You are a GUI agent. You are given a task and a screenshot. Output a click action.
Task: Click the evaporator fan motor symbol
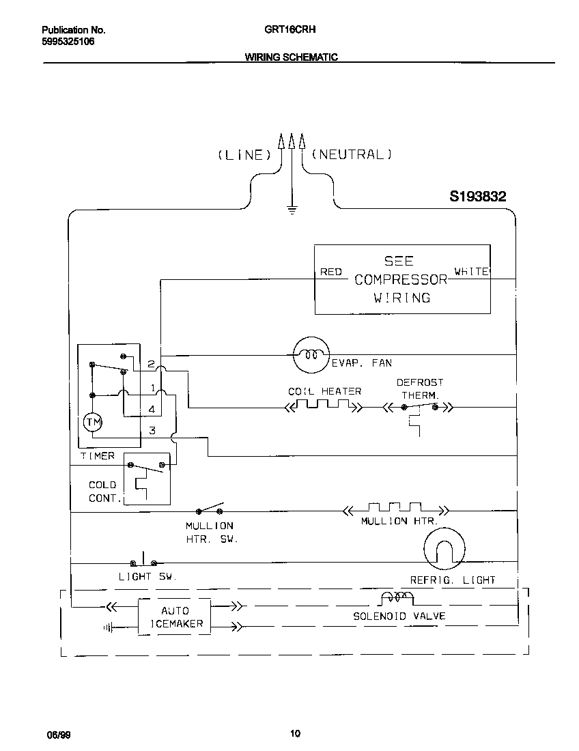pyautogui.click(x=311, y=355)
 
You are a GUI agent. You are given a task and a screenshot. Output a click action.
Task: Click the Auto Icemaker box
pyautogui.click(x=175, y=617)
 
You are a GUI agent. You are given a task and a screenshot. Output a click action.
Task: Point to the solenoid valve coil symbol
pyautogui.click(x=396, y=599)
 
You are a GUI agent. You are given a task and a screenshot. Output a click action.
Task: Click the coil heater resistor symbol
pyautogui.click(x=323, y=407)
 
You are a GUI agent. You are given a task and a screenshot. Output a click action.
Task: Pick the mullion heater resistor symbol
pyautogui.click(x=395, y=509)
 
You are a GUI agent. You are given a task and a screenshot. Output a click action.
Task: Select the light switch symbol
pyautogui.click(x=144, y=561)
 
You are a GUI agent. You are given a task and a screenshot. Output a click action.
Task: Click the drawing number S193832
pyautogui.click(x=477, y=197)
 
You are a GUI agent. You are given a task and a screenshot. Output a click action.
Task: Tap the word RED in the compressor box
pyautogui.click(x=331, y=272)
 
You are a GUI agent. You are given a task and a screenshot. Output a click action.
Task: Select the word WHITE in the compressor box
pyautogui.click(x=471, y=272)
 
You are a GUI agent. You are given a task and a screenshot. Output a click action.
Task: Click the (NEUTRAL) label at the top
pyautogui.click(x=352, y=155)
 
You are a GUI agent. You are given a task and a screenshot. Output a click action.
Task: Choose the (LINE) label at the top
pyautogui.click(x=244, y=155)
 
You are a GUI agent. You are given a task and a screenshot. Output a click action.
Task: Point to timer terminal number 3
pyautogui.click(x=152, y=430)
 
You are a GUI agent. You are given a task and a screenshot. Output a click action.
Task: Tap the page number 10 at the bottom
pyautogui.click(x=295, y=734)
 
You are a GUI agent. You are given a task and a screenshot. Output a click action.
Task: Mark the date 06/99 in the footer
pyautogui.click(x=57, y=735)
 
